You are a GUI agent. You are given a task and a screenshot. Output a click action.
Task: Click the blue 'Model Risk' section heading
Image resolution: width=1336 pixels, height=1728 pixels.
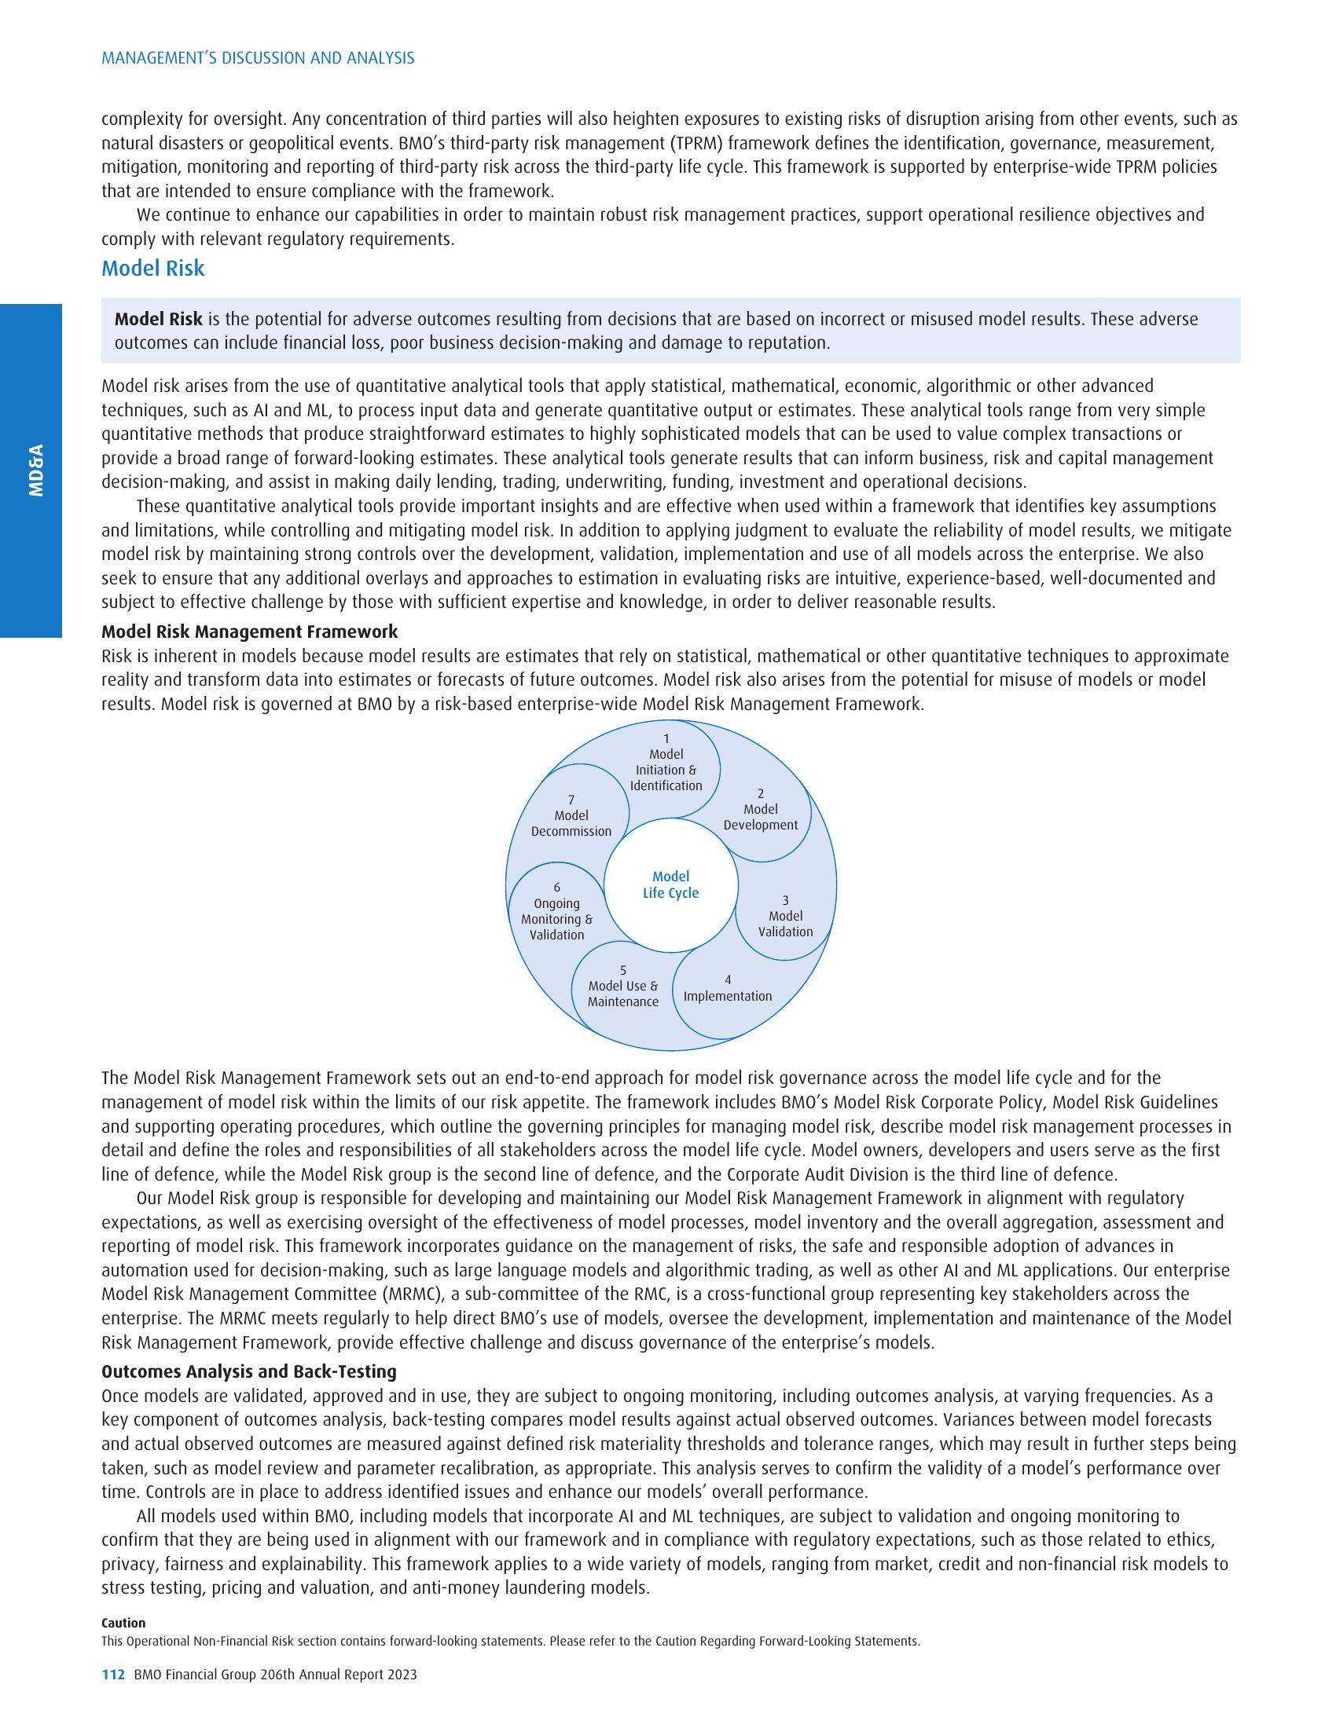(x=152, y=269)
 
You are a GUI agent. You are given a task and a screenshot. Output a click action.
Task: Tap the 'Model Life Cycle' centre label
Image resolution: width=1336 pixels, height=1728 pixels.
(x=670, y=884)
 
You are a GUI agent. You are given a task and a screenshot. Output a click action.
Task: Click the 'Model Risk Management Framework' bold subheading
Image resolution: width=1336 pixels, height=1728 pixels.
(x=249, y=632)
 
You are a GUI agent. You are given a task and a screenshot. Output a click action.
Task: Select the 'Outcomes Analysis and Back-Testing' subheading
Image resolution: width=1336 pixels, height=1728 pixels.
(x=248, y=1371)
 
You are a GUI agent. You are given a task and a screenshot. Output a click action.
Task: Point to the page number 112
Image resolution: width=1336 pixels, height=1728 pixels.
(x=113, y=1675)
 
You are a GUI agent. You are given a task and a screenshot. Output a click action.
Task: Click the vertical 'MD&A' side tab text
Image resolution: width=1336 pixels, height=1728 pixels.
(x=35, y=470)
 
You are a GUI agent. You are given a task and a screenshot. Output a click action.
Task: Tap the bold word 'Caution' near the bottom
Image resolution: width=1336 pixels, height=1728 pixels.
(x=123, y=1623)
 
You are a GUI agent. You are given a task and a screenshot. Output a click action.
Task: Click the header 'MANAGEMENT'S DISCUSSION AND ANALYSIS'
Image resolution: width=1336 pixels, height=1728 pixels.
(x=257, y=58)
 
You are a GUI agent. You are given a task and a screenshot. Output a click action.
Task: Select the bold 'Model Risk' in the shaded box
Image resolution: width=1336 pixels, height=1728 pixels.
(x=158, y=319)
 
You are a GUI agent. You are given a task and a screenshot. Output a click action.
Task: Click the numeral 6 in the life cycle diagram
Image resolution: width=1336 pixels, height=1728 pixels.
(x=556, y=888)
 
